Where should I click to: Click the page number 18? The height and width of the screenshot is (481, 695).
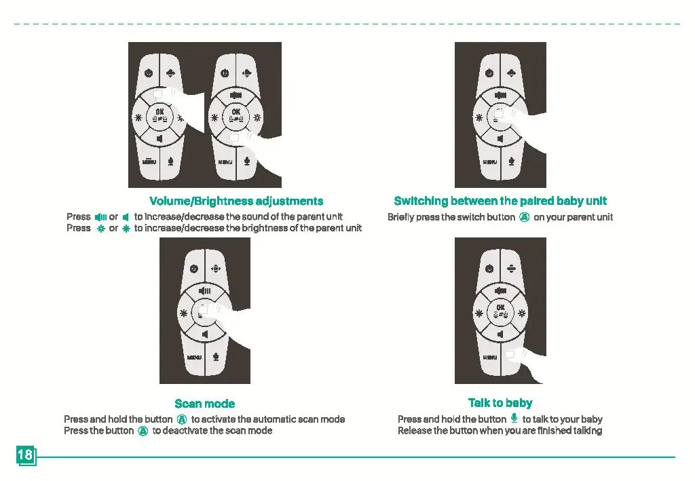pos(25,455)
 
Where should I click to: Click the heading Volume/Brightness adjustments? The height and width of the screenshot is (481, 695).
pos(236,201)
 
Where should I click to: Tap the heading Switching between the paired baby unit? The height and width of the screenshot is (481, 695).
pos(500,201)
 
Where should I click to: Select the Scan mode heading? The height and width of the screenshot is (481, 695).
pos(205,404)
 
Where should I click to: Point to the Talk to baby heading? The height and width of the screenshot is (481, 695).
pos(500,402)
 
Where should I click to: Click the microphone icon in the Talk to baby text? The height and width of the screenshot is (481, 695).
pos(514,418)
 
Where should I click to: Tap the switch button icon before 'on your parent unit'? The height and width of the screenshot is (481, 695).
pos(525,217)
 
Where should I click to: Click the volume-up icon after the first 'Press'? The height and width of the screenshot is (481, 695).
pos(101,217)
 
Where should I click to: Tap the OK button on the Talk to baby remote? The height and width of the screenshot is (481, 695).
pos(500,312)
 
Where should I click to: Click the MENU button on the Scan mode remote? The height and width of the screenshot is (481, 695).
pos(194,358)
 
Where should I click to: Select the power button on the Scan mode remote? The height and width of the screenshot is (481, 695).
pos(193,269)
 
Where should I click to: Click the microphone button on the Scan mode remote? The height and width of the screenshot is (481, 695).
pos(216,357)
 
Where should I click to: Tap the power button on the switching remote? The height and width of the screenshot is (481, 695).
pos(489,73)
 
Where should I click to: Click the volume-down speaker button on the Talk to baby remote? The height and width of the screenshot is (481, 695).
pos(500,334)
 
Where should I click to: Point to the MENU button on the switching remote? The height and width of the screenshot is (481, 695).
pos(490,162)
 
